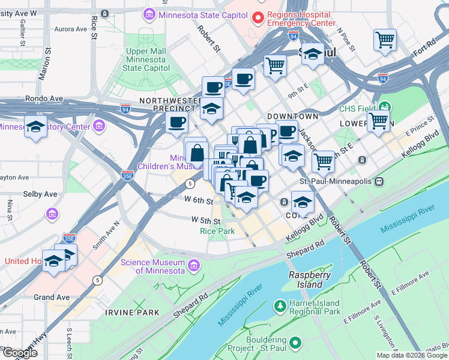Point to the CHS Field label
(357, 109)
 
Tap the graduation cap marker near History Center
(36, 127)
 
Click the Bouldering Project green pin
(294, 343)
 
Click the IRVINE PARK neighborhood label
(131, 313)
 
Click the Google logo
(20, 353)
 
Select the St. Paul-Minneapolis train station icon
(379, 181)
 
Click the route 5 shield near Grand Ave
(97, 280)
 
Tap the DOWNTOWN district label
(292, 116)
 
